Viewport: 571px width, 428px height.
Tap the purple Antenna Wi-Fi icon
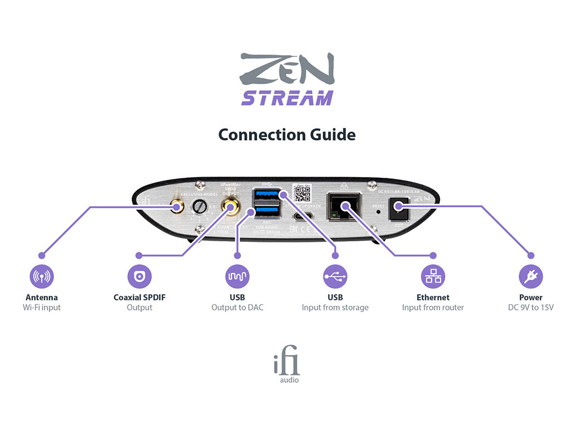[x=42, y=276]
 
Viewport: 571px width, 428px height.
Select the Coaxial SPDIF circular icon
[x=139, y=276]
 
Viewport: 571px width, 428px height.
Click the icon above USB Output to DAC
[x=237, y=276]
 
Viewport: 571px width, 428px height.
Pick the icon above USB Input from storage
[x=335, y=276]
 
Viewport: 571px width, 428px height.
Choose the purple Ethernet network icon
[x=433, y=276]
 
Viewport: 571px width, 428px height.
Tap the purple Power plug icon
[x=530, y=276]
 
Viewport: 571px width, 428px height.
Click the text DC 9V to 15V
[x=530, y=308]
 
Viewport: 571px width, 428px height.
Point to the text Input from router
[x=433, y=308]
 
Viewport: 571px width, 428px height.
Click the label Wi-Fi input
[x=42, y=308]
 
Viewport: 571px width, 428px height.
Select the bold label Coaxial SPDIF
[x=139, y=297]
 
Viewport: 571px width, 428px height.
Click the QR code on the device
[x=302, y=192]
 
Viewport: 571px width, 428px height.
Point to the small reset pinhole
[x=379, y=212]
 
